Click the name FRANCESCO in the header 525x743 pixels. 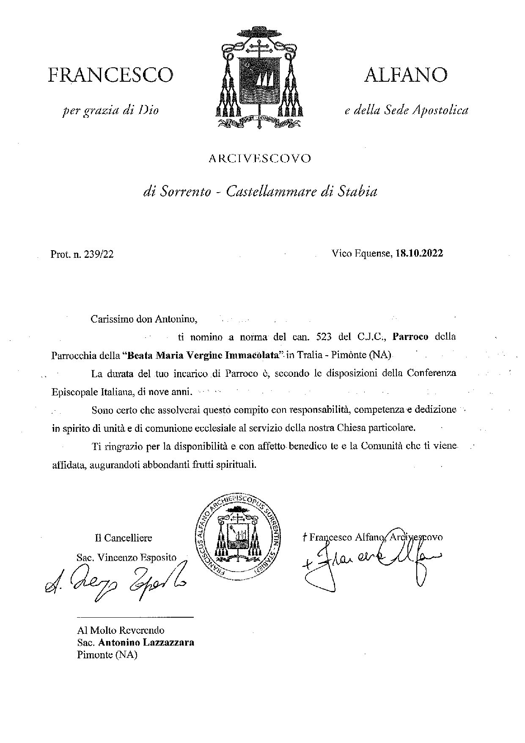111,75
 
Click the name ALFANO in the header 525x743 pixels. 405,75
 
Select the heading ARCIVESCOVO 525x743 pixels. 260,159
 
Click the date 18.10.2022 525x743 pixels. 419,254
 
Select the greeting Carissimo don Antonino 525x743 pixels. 144,318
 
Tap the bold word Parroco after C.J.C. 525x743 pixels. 410,337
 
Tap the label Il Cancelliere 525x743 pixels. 124,538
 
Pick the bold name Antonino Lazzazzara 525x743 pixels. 146,642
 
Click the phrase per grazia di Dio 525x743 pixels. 110,111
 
